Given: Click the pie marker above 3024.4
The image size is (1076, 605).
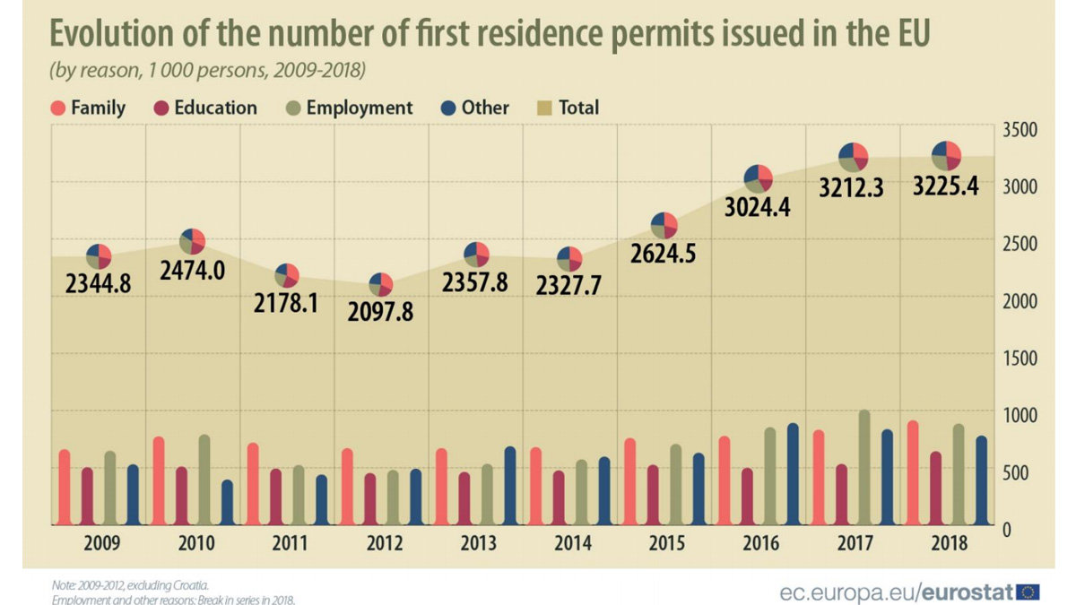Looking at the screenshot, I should (x=759, y=177).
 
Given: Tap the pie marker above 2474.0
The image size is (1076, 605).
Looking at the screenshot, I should (x=193, y=240).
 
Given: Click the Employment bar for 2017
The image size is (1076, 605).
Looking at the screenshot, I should (x=864, y=468).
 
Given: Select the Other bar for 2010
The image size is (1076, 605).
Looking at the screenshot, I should (x=227, y=503).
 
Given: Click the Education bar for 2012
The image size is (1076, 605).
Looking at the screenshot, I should (x=370, y=499).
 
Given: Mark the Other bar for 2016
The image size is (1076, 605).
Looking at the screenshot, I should (x=792, y=474).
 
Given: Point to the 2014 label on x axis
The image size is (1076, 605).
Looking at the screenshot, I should (x=572, y=544).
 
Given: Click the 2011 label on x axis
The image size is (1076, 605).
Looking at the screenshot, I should (x=289, y=544).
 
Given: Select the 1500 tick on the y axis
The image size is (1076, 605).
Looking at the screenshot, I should (x=1020, y=358).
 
